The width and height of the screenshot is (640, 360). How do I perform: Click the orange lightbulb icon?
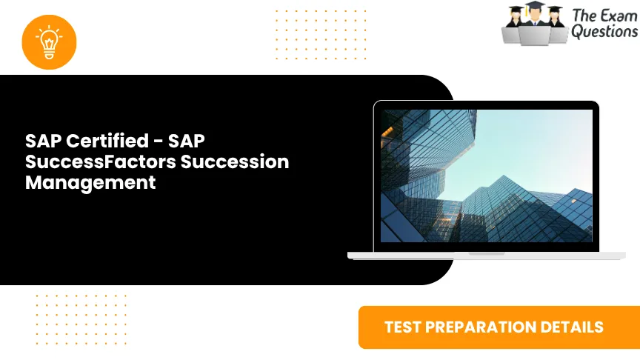tap(50, 41)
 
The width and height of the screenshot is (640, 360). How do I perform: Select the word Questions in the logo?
tap(604, 31)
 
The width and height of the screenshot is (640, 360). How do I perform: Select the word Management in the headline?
tap(90, 182)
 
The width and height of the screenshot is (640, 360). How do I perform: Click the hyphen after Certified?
tap(157, 141)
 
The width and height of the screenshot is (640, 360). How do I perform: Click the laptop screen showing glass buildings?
tap(486, 176)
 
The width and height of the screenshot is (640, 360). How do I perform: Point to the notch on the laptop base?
tap(486, 253)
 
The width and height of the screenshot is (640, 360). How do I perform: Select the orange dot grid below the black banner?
tap(81, 319)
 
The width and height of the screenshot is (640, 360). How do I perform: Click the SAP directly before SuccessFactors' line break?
tap(186, 141)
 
